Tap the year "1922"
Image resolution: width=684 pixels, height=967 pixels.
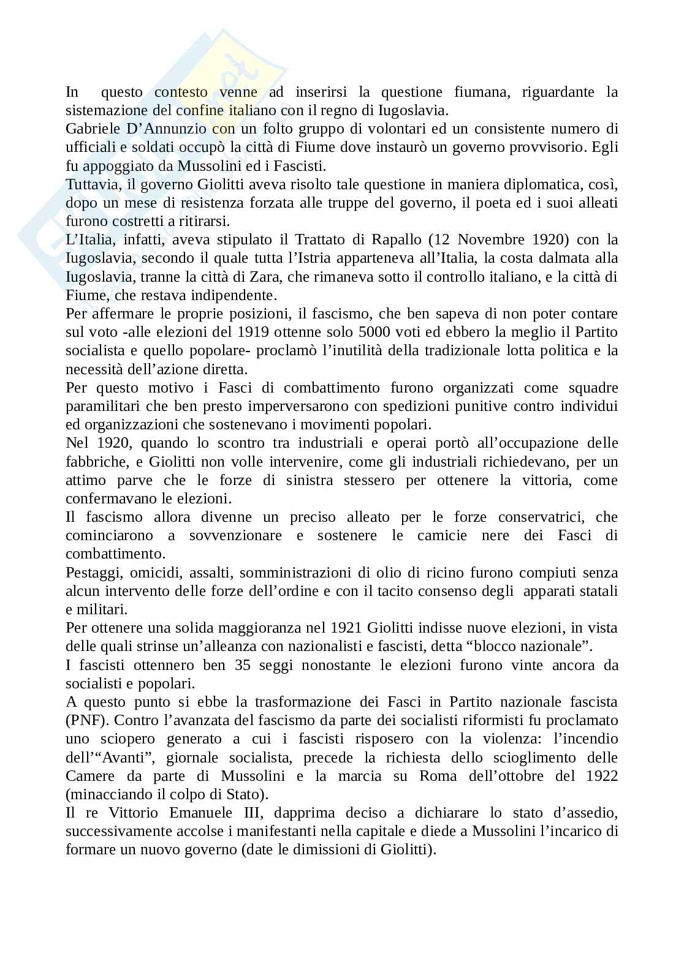602,776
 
